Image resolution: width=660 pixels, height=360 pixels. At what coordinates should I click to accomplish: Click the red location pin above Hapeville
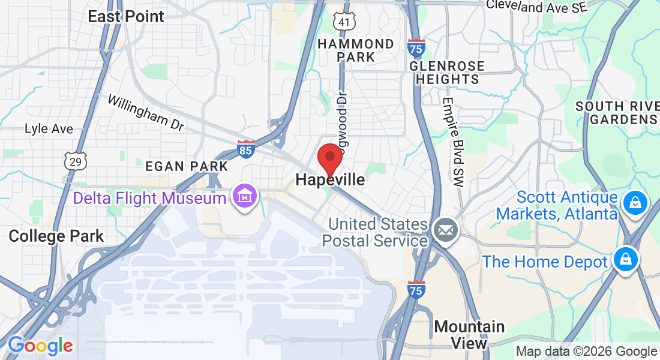point(329,157)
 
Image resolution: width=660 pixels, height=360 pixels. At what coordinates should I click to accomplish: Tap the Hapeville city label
point(330,180)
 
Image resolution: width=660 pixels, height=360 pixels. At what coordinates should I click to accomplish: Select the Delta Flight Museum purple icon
point(245,197)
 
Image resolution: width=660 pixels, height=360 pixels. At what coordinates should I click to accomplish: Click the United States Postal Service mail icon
point(446,230)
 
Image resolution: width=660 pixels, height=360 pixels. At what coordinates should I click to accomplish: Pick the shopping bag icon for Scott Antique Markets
point(634,203)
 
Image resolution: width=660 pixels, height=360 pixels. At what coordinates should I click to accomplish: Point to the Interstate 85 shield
point(245,149)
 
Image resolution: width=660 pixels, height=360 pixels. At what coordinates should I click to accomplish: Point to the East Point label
point(126,16)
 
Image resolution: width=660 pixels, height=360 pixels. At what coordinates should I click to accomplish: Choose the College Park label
point(56,236)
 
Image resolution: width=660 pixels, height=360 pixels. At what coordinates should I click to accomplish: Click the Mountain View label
point(469,335)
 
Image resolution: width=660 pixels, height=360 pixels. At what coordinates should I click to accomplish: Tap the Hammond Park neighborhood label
point(356,50)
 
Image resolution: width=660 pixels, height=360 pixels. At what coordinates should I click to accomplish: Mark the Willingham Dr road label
point(146,110)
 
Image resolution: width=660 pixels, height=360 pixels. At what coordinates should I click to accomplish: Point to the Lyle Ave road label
point(49,129)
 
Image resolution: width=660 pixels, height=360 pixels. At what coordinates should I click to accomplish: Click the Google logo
point(40,345)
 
